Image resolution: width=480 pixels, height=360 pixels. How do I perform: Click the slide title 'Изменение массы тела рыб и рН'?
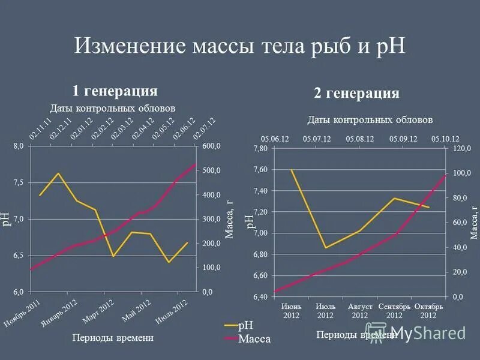tap(239, 46)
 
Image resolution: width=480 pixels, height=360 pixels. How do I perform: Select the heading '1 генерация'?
tap(115, 91)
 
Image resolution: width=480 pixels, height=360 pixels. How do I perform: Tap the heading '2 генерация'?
tap(356, 93)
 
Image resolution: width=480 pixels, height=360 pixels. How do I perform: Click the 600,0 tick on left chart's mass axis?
tap(211, 146)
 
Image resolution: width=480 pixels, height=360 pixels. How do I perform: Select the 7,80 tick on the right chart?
tap(262, 148)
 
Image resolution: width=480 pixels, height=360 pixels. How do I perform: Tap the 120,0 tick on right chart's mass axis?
tap(461, 148)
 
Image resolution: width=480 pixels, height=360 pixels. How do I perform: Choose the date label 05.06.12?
tap(275, 139)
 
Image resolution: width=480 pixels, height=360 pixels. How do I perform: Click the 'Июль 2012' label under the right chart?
tap(325, 311)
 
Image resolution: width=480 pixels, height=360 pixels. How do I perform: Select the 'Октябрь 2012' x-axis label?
tap(428, 311)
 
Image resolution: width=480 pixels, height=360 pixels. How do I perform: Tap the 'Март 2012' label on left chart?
tap(98, 311)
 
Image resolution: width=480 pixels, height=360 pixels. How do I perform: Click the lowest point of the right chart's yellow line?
tap(325, 248)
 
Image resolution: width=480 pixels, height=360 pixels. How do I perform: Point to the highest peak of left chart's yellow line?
tap(58, 173)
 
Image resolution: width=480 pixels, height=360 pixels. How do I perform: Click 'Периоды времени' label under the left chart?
tap(113, 338)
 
